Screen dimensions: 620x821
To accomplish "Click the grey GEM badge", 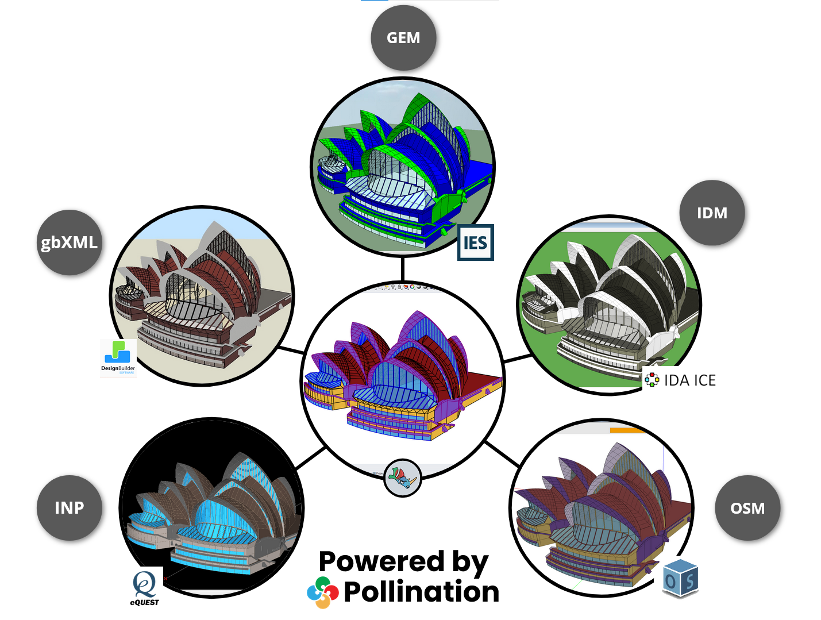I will point(403,38).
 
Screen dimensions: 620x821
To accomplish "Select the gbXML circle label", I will point(70,242).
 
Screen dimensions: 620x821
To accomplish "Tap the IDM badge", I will point(712,213).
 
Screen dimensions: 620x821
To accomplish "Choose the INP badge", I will point(70,508).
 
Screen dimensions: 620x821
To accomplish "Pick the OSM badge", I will point(747,508).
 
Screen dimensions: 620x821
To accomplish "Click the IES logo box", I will point(475,242).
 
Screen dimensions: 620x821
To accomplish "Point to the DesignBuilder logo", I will point(118,357).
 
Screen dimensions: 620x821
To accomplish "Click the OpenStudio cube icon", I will point(680,578).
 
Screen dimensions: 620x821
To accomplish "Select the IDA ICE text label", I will point(689,380).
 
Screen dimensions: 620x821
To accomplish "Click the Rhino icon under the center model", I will point(403,477).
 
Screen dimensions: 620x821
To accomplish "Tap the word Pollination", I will point(421,592).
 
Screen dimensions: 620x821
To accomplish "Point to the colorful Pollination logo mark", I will point(322,592).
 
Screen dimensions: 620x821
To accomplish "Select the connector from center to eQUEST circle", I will point(311,458).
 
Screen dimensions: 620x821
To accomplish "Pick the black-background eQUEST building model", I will point(213,511).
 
